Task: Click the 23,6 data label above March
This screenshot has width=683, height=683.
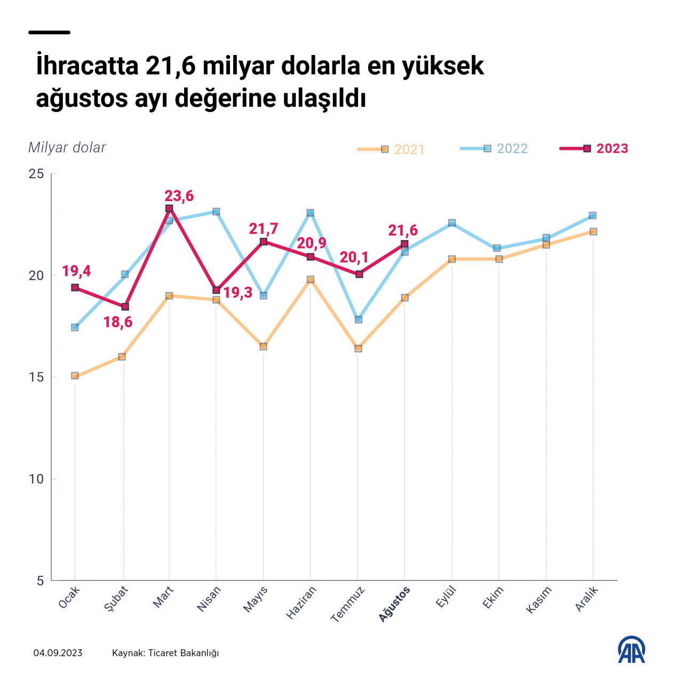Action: (179, 196)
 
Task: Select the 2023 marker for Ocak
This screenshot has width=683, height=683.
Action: (75, 288)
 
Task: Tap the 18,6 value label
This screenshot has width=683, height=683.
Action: (118, 322)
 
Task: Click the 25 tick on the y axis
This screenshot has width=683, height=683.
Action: (36, 174)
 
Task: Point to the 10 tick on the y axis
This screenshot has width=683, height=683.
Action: (36, 479)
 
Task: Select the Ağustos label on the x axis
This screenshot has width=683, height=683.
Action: (395, 603)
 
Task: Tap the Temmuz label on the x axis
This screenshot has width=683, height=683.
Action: (348, 604)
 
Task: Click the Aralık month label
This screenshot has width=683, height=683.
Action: (587, 598)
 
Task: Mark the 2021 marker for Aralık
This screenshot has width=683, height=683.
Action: (593, 232)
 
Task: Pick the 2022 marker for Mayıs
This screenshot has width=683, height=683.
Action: (263, 296)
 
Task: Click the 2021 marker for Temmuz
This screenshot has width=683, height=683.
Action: (358, 348)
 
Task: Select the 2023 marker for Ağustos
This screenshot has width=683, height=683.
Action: (404, 244)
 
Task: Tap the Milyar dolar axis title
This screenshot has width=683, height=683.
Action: (67, 148)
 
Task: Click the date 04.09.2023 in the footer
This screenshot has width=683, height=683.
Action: (58, 653)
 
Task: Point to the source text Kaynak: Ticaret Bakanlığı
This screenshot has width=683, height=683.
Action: (165, 653)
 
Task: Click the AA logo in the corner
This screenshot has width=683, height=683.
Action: (631, 649)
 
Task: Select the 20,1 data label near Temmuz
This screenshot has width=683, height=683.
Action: (354, 257)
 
